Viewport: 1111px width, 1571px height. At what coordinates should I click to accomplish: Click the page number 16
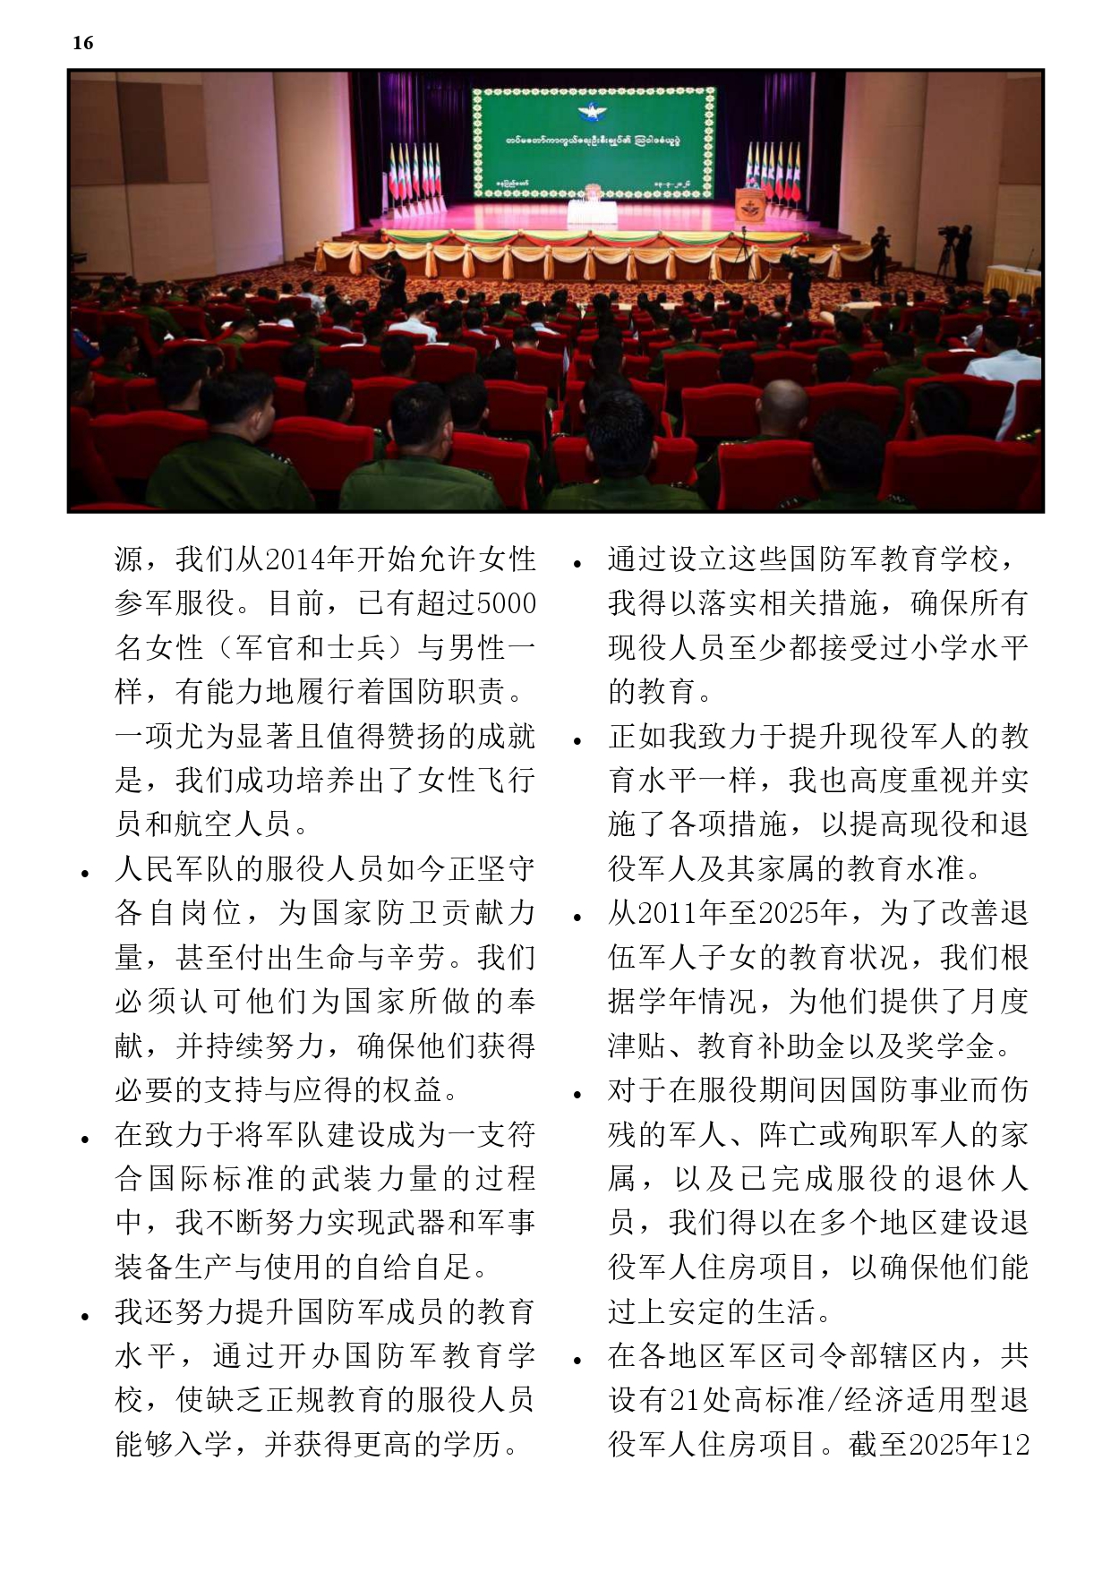click(x=82, y=42)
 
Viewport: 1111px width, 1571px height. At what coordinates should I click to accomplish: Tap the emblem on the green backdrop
click(x=594, y=114)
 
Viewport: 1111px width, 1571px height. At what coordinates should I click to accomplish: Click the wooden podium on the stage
click(x=749, y=205)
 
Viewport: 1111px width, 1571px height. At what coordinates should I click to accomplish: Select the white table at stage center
click(x=592, y=213)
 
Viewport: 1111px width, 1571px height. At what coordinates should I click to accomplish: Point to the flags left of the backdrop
click(x=414, y=175)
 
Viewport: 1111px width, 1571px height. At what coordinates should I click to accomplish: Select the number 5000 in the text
click(x=506, y=603)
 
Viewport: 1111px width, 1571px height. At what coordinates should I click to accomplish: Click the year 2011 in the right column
click(x=667, y=913)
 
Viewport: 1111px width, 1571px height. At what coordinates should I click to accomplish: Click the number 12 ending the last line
click(x=1014, y=1444)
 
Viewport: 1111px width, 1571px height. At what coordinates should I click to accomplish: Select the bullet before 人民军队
click(x=85, y=873)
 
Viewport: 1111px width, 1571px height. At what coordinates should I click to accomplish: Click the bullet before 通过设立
click(x=577, y=563)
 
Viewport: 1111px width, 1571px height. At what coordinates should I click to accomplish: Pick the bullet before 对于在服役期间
click(x=577, y=1094)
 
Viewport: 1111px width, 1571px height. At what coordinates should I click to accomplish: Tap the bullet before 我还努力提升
click(x=85, y=1316)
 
